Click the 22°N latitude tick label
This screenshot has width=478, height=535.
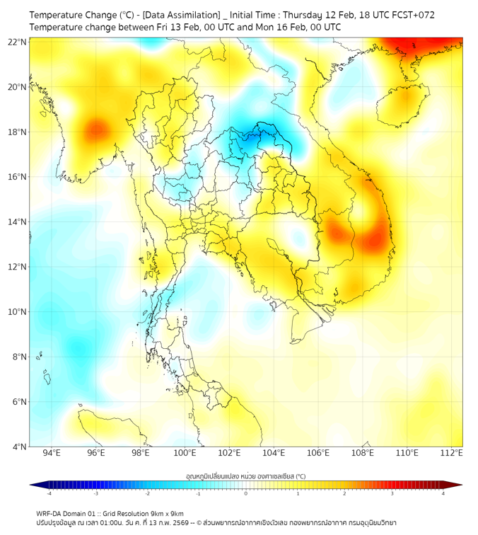18,42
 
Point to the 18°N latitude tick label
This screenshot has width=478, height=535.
18,132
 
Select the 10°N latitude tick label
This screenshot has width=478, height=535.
18,311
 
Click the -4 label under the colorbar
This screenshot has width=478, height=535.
48,493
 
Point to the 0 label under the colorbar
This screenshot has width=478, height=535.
245,493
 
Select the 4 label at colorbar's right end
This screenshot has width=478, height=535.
443,493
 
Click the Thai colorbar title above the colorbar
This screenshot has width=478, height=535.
245,476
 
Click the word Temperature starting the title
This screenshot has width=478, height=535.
59,14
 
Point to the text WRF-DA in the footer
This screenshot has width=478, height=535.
50,514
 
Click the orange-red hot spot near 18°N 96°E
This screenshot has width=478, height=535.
96,130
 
